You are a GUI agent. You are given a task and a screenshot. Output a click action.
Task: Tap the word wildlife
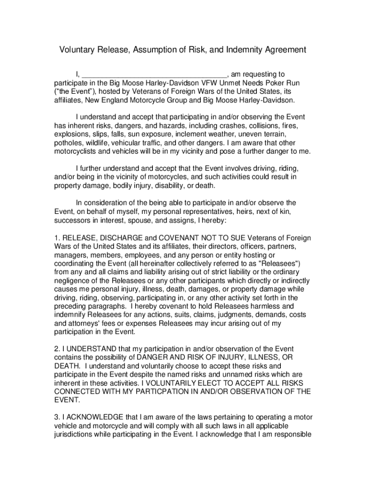(101, 143)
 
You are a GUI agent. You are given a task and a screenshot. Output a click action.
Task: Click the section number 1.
(56, 238)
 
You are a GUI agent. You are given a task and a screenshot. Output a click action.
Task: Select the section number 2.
(56, 349)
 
